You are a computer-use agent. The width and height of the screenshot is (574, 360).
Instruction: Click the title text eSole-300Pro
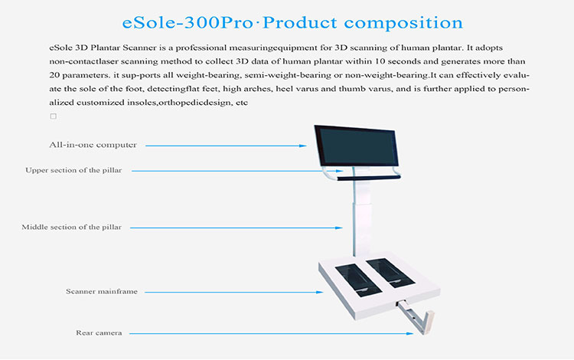(x=179, y=21)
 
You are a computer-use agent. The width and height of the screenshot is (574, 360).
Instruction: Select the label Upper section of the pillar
(x=73, y=170)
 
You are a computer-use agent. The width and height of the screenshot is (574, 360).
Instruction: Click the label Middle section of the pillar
(x=72, y=227)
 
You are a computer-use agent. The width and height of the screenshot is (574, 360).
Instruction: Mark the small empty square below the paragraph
(x=53, y=116)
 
